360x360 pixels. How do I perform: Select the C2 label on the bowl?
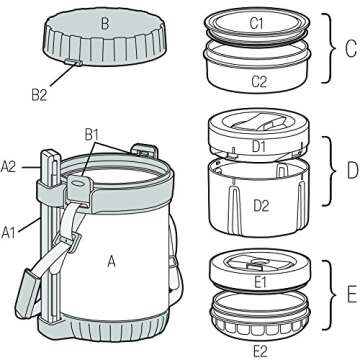(x=263, y=80)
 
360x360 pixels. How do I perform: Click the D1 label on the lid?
(x=258, y=148)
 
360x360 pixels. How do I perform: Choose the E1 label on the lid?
(x=263, y=283)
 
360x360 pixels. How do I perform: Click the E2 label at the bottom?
(x=263, y=350)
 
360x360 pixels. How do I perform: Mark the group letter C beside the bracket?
(x=348, y=46)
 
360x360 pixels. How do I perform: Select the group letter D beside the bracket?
(x=348, y=169)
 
